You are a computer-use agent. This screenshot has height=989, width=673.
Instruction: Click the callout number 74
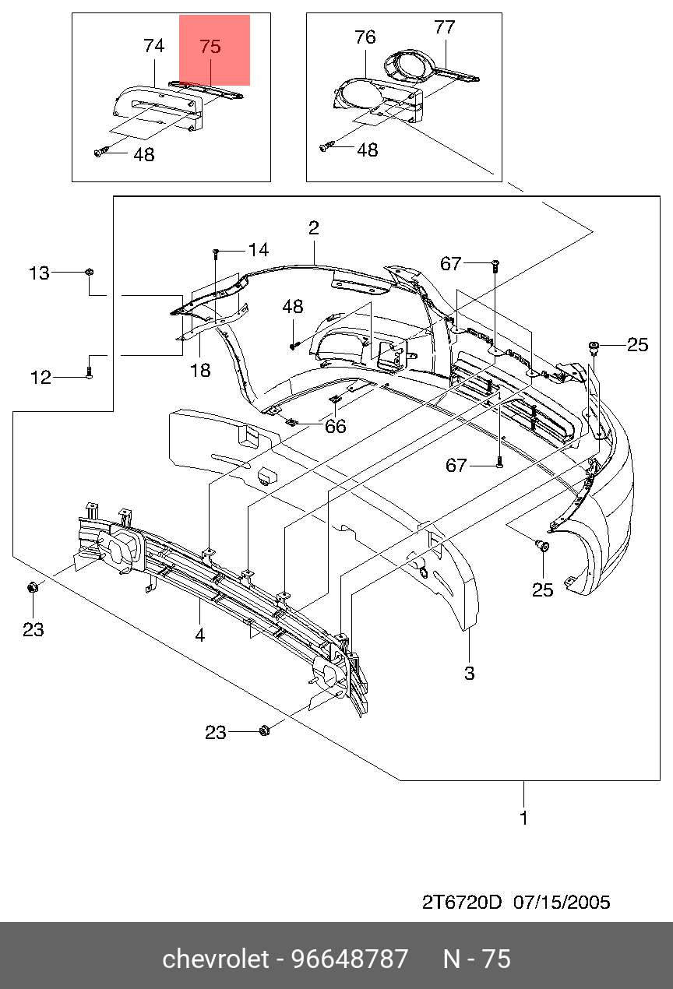(153, 46)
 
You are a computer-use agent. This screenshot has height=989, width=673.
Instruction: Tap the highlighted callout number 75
(210, 47)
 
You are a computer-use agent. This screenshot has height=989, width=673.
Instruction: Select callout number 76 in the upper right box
(365, 37)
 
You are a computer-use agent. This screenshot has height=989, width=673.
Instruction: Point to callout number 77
(445, 27)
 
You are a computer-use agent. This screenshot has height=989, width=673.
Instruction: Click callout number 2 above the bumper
(314, 228)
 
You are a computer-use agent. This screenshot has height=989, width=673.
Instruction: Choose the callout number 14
(259, 250)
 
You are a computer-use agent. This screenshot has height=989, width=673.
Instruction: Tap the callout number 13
(39, 273)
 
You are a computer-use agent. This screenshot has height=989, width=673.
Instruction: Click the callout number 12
(41, 378)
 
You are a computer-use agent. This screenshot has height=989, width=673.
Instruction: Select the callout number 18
(200, 371)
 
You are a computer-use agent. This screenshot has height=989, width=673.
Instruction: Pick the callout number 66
(335, 427)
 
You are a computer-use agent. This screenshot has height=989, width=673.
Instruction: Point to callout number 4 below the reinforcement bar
(199, 635)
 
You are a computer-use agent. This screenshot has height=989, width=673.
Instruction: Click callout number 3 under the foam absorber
(470, 674)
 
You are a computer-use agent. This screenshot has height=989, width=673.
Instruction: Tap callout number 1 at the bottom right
(523, 818)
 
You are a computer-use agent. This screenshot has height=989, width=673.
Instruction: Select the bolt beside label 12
(90, 373)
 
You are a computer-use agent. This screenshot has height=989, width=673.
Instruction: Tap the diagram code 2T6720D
(462, 903)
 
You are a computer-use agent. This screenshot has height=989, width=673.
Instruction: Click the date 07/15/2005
(562, 903)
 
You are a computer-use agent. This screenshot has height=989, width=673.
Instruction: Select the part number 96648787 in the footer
(350, 959)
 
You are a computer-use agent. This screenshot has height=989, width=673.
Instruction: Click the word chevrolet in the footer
(216, 959)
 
